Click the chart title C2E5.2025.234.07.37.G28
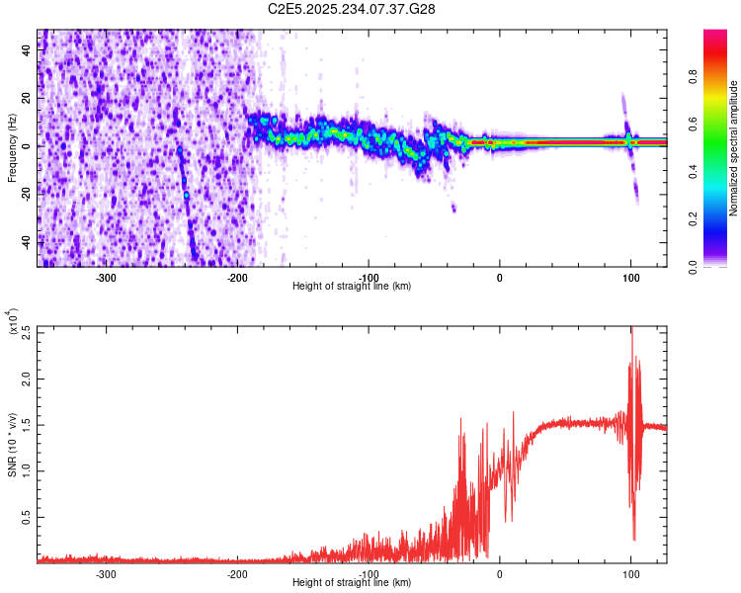(353, 9)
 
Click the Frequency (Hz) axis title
(12, 147)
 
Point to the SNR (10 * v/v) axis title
(12, 443)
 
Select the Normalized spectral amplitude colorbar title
(734, 149)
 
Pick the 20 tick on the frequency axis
(27, 98)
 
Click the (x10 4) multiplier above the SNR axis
(13, 323)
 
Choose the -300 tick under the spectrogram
(107, 278)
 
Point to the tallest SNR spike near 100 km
(631, 330)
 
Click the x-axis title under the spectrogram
(353, 287)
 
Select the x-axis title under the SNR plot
(353, 583)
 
